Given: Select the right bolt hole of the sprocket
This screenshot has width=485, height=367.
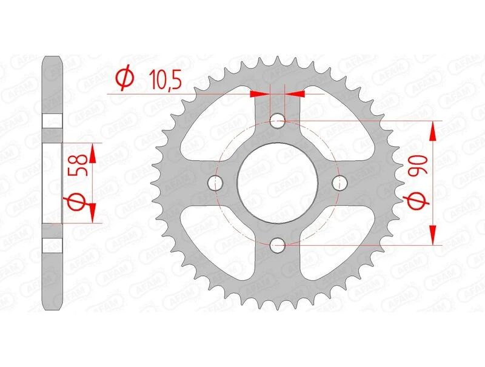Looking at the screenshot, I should [x=340, y=182].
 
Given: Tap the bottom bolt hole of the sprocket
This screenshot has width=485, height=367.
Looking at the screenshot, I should [x=278, y=244].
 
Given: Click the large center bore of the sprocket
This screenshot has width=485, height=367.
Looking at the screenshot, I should [x=278, y=182].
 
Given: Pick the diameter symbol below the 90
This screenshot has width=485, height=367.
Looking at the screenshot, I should [x=420, y=200].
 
